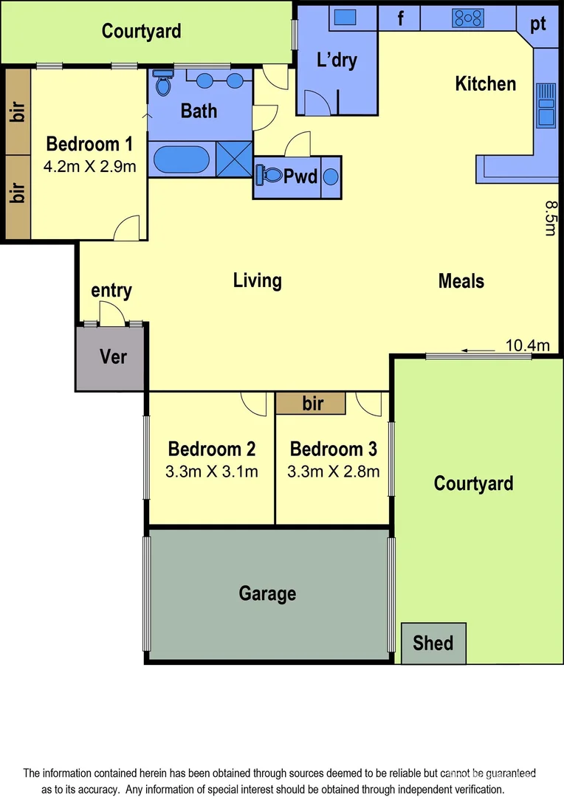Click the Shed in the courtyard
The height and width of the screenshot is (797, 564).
click(433, 642)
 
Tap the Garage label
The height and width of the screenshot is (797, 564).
click(267, 593)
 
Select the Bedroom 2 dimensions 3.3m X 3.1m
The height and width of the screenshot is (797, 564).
click(213, 472)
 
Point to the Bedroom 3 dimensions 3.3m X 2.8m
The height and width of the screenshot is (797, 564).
click(334, 472)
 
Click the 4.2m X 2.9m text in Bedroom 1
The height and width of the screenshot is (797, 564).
click(89, 166)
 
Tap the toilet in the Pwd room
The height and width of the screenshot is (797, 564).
click(269, 176)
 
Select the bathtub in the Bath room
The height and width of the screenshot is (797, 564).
click(182, 159)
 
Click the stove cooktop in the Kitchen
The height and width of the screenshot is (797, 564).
click(468, 17)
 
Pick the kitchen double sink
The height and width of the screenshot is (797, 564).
click(546, 104)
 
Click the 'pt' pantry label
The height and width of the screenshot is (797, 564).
click(537, 24)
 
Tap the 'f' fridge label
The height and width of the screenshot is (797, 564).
click(401, 18)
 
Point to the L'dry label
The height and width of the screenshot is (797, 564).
click(337, 61)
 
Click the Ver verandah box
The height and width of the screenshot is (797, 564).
click(113, 357)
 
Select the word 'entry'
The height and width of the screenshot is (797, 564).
click(111, 291)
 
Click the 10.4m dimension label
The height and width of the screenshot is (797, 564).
click(527, 345)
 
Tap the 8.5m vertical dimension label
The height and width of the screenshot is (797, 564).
click(549, 218)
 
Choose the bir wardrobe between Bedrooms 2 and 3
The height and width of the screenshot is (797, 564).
click(312, 404)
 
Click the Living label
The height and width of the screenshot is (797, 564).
click(257, 280)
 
